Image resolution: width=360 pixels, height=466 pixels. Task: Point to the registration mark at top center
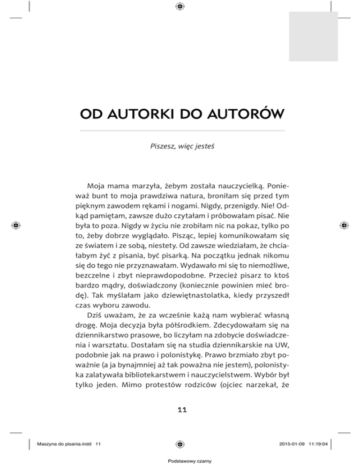(180, 6)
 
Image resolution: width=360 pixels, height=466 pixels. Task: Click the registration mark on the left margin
(16, 225)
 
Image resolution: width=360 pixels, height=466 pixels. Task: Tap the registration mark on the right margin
(344, 225)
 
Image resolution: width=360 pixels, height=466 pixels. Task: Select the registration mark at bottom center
(180, 443)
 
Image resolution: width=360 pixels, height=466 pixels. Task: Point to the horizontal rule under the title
(182, 130)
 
